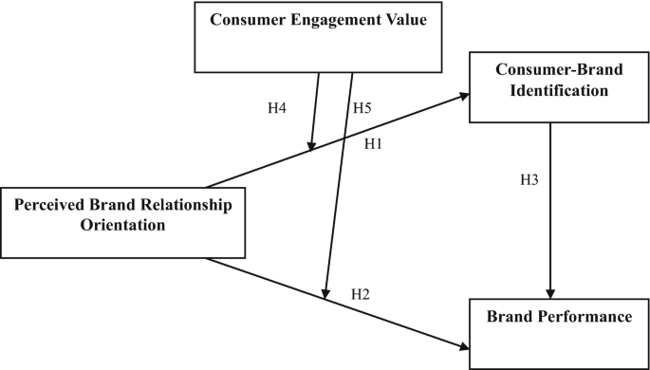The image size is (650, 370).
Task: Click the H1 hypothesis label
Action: [374, 143]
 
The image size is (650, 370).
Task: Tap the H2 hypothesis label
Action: [360, 293]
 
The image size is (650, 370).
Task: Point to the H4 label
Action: [277, 107]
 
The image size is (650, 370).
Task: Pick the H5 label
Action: [361, 107]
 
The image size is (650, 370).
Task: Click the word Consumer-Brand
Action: [550, 71]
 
